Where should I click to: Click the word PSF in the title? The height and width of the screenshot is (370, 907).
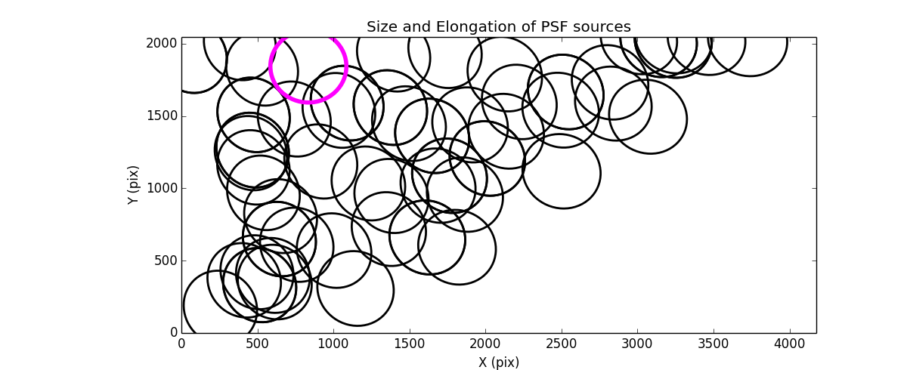pyautogui.click(x=552, y=27)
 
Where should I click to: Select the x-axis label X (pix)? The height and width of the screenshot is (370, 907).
pyautogui.click(x=499, y=362)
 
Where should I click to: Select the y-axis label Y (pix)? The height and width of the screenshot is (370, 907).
pyautogui.click(x=133, y=185)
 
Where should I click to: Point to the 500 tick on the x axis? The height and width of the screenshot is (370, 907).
pyautogui.click(x=258, y=344)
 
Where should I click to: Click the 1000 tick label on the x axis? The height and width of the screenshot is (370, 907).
pyautogui.click(x=333, y=344)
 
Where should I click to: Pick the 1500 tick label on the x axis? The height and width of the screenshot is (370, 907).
pyautogui.click(x=410, y=344)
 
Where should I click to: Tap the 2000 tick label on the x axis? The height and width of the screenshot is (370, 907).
pyautogui.click(x=486, y=344)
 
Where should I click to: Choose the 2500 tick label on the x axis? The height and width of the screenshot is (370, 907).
pyautogui.click(x=562, y=344)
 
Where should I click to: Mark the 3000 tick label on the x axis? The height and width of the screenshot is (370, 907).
pyautogui.click(x=638, y=344)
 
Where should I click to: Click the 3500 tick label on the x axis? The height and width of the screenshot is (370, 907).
pyautogui.click(x=714, y=344)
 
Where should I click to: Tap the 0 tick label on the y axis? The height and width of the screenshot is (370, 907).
pyautogui.click(x=173, y=332)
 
